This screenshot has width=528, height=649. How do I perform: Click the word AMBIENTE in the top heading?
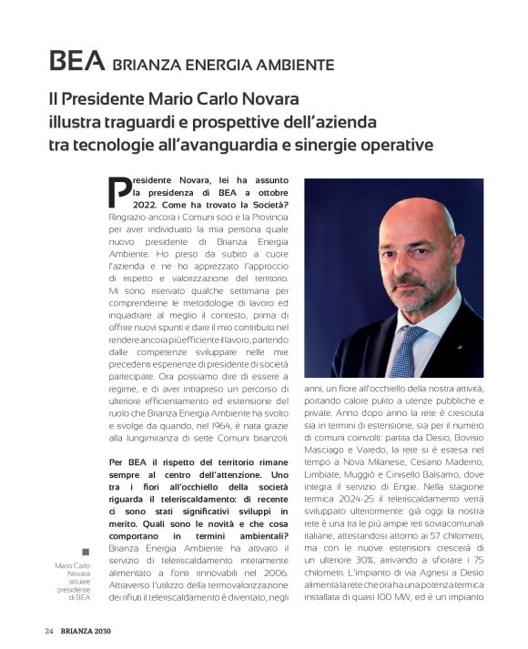click(x=293, y=65)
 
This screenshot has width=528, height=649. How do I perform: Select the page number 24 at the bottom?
click(x=50, y=631)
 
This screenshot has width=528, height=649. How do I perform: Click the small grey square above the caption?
click(x=86, y=552)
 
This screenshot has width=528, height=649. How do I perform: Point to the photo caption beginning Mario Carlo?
click(x=73, y=581)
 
